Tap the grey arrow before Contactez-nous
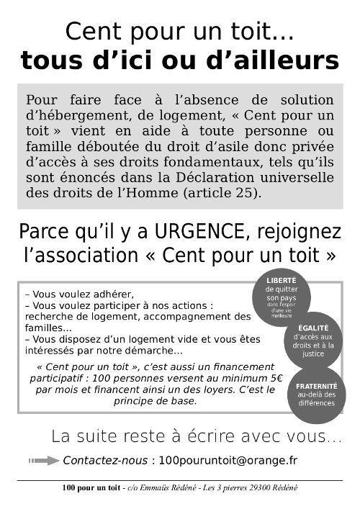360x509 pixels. [x=43, y=460]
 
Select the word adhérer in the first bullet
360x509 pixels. [x=112, y=294]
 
